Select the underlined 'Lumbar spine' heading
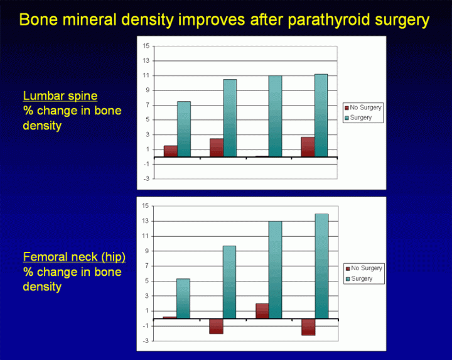(60, 96)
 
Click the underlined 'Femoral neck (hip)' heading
(73, 257)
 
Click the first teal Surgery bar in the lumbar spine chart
(183, 129)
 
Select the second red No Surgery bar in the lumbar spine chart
(216, 148)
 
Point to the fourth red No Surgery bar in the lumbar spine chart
(308, 147)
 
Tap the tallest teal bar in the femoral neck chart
(321, 266)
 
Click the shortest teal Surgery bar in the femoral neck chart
(183, 298)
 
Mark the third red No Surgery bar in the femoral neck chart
(262, 311)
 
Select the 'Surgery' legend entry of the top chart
(362, 117)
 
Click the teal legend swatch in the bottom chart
(347, 279)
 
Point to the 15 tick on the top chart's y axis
(146, 46)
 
